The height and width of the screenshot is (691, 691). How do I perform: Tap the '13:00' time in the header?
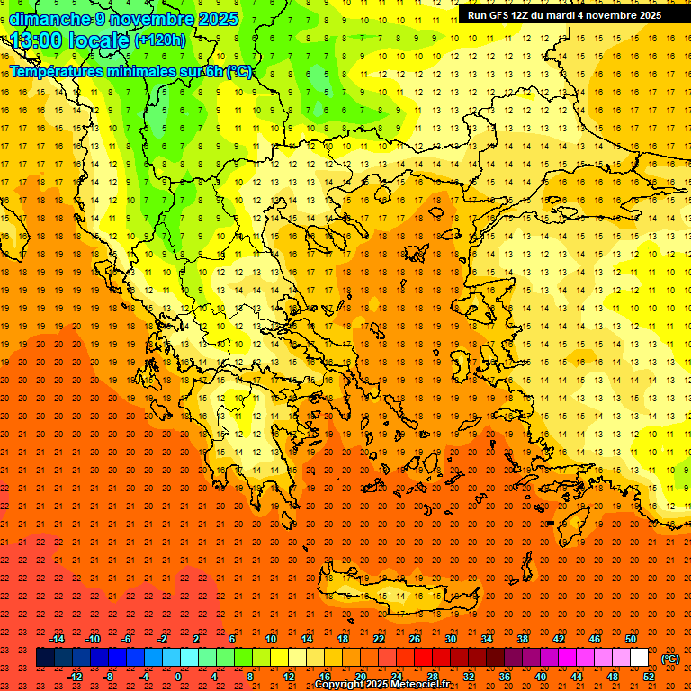pyautogui.click(x=38, y=40)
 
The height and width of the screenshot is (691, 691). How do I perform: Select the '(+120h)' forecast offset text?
pyautogui.click(x=160, y=40)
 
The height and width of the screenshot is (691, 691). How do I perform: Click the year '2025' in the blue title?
pyautogui.click(x=217, y=19)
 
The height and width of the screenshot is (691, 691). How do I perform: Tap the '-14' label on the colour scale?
pyautogui.click(x=57, y=638)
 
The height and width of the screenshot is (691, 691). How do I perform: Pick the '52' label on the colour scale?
pyautogui.click(x=649, y=677)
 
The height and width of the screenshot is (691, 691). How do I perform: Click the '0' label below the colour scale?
pyautogui.click(x=178, y=677)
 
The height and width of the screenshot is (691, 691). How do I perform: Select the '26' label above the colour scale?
pyautogui.click(x=415, y=638)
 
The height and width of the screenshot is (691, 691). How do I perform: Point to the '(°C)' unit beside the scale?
pyautogui.click(x=669, y=658)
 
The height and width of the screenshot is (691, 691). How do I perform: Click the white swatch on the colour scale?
pyautogui.click(x=639, y=658)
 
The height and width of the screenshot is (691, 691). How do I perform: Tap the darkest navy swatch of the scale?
pyautogui.click(x=45, y=658)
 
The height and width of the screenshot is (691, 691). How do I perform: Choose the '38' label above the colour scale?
pyautogui.click(x=522, y=638)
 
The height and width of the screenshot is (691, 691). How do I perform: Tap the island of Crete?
pyautogui.click(x=400, y=594)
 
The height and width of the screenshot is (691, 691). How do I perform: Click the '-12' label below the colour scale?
pyautogui.click(x=75, y=677)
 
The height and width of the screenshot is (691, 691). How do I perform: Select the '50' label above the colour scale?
pyautogui.click(x=630, y=638)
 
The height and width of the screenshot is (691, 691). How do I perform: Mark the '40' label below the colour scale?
pyautogui.click(x=541, y=677)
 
